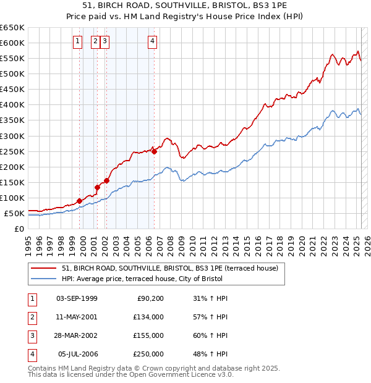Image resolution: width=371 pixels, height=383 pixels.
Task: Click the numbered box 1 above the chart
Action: click(x=77, y=42)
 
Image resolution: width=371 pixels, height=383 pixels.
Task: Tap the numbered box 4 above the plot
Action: click(x=152, y=42)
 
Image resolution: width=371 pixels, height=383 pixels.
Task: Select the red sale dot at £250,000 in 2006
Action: click(x=154, y=151)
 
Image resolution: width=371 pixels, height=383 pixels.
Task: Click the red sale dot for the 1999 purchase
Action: click(x=80, y=201)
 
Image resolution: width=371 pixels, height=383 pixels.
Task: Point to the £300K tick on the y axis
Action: click(x=12, y=136)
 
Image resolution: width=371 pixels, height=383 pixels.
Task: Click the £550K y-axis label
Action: click(x=12, y=58)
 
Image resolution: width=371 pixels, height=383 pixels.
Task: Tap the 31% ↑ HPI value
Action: click(x=210, y=298)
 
